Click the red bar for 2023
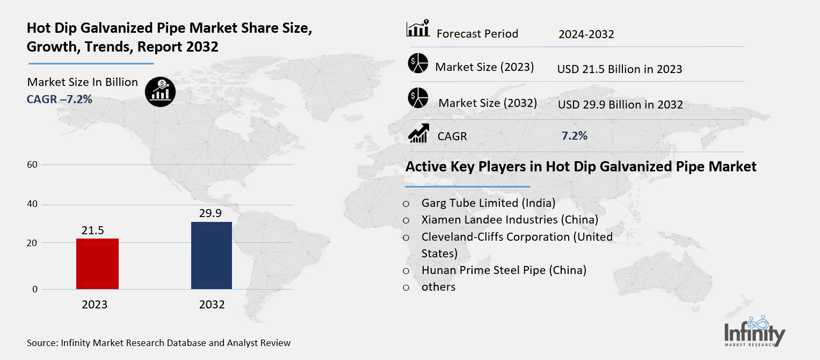(x=97, y=263)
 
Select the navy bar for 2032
(x=212, y=255)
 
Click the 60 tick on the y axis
(x=32, y=164)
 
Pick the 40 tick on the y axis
(x=32, y=204)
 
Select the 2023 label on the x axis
(x=95, y=305)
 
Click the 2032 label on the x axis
(x=212, y=305)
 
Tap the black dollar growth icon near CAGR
(x=161, y=91)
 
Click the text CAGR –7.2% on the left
(x=60, y=99)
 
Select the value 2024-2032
(x=586, y=34)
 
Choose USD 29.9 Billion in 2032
(x=620, y=105)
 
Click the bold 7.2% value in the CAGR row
(x=574, y=136)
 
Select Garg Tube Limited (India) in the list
(x=488, y=203)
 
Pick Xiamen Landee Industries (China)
(x=510, y=220)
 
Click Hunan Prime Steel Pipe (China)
(x=504, y=270)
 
